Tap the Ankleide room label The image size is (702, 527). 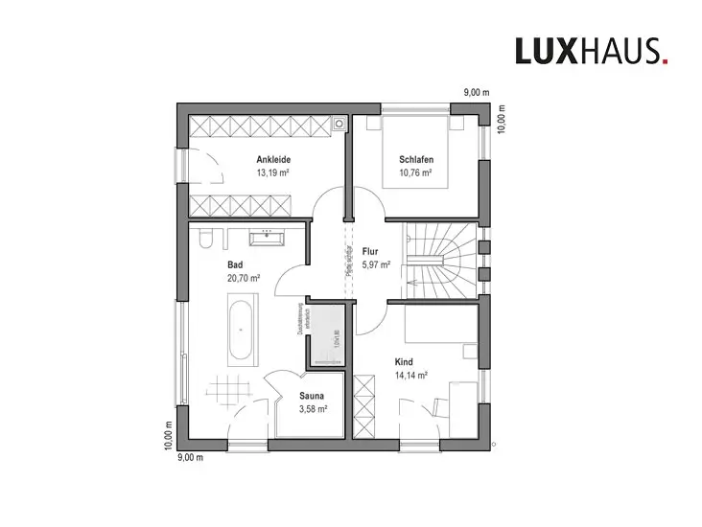tap(273, 159)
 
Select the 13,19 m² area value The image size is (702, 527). tap(273, 173)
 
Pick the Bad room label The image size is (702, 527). tap(235, 263)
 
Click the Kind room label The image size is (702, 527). tap(404, 362)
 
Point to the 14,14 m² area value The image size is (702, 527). tap(410, 377)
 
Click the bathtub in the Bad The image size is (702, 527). tap(241, 331)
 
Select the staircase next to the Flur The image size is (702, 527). tap(438, 259)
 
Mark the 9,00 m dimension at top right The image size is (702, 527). tap(477, 93)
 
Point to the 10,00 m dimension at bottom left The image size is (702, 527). tap(168, 435)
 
